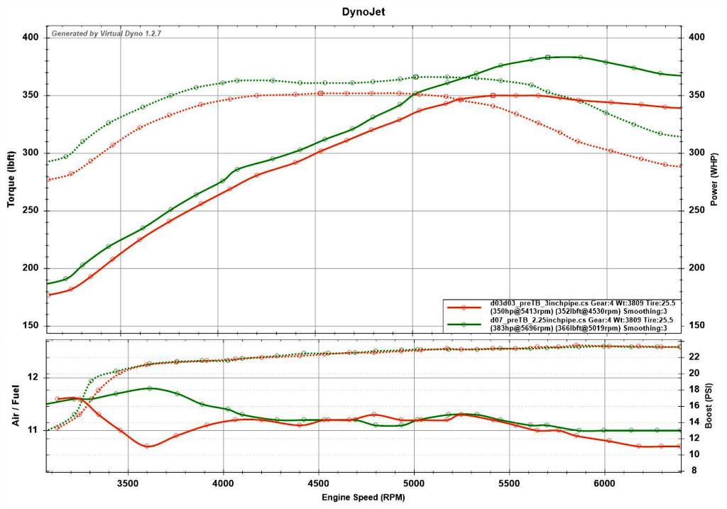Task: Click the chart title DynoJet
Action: pyautogui.click(x=363, y=11)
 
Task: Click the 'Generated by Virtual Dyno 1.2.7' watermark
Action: pyautogui.click(x=106, y=33)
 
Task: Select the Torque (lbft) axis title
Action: pyautogui.click(x=11, y=180)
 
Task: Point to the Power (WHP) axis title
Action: pyautogui.click(x=714, y=180)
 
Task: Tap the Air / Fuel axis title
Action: pyautogui.click(x=16, y=405)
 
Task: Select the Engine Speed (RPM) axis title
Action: pyautogui.click(x=363, y=498)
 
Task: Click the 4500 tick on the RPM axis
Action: pyautogui.click(x=319, y=483)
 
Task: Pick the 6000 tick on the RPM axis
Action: pyautogui.click(x=605, y=483)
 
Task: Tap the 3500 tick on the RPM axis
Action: pyautogui.click(x=128, y=483)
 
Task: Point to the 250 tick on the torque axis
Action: pyautogui.click(x=31, y=210)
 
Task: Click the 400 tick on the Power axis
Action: pyautogui.click(x=696, y=37)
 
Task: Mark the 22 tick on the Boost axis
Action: pyautogui.click(x=694, y=356)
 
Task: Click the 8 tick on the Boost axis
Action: pyautogui.click(x=694, y=470)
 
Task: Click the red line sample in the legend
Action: pyautogui.click(x=464, y=307)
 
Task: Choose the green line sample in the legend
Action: pyautogui.click(x=464, y=324)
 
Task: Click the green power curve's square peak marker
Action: pyautogui.click(x=547, y=58)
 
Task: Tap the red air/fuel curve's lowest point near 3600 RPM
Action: pyautogui.click(x=146, y=446)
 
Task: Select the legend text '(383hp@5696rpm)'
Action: pyautogui.click(x=522, y=328)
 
